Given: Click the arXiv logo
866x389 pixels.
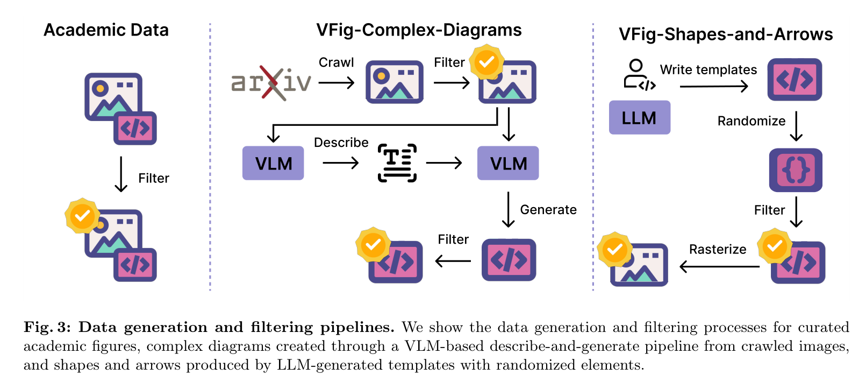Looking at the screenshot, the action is [271, 82].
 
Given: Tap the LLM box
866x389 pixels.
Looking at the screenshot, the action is [640, 118].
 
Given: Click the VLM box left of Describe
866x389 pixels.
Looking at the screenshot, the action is [273, 163].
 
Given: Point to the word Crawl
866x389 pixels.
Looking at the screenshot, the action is [336, 62].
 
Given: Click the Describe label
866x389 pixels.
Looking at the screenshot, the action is [341, 143].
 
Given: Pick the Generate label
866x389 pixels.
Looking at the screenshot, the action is [548, 209].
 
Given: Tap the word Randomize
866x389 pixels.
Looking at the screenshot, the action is [751, 121].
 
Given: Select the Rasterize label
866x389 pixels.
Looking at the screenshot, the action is [718, 249].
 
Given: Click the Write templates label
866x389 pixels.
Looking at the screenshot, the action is [708, 69].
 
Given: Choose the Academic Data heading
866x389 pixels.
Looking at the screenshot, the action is [106, 30].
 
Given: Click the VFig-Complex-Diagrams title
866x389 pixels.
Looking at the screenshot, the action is [419, 30].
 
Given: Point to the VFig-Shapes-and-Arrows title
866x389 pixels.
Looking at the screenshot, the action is [726, 34].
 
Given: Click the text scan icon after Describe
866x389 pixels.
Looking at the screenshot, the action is [397, 163].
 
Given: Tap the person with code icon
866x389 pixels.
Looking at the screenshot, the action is [639, 75].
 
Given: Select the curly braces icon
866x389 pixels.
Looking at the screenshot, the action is [796, 170].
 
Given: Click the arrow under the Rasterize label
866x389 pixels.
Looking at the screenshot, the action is [719, 266].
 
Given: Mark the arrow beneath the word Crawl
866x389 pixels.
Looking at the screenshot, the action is [337, 82].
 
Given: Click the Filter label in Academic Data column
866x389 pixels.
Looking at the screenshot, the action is [154, 178].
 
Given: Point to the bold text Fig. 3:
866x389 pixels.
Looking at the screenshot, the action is [47, 328].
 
